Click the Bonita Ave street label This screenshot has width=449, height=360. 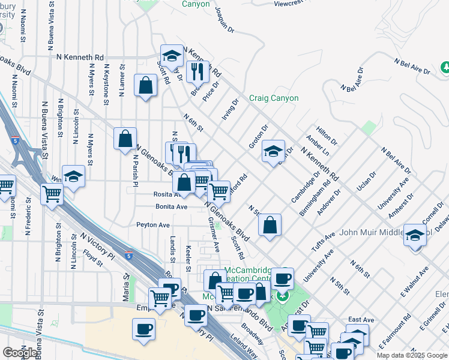click(171, 206)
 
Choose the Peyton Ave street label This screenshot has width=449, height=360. click(153, 225)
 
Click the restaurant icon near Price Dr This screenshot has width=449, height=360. click(197, 72)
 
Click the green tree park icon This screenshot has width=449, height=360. click(445, 66)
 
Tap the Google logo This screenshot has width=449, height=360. click(19, 353)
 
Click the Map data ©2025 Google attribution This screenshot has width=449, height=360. click(412, 355)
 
